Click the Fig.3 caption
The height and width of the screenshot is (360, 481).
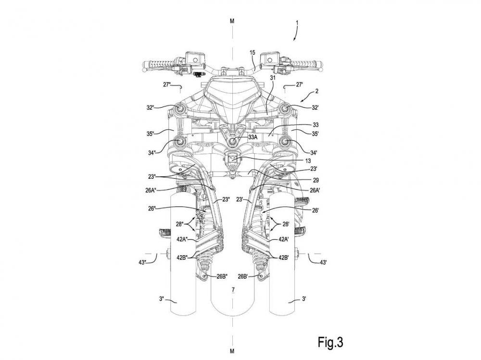[330, 342]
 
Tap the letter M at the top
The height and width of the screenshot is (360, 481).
[232, 21]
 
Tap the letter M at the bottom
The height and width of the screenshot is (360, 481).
[232, 351]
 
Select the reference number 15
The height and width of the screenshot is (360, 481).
[252, 52]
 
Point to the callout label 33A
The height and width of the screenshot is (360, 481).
[253, 137]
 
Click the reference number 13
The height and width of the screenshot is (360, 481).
[308, 161]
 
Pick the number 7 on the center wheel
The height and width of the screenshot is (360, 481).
[233, 289]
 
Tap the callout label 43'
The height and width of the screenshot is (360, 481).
[323, 262]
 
